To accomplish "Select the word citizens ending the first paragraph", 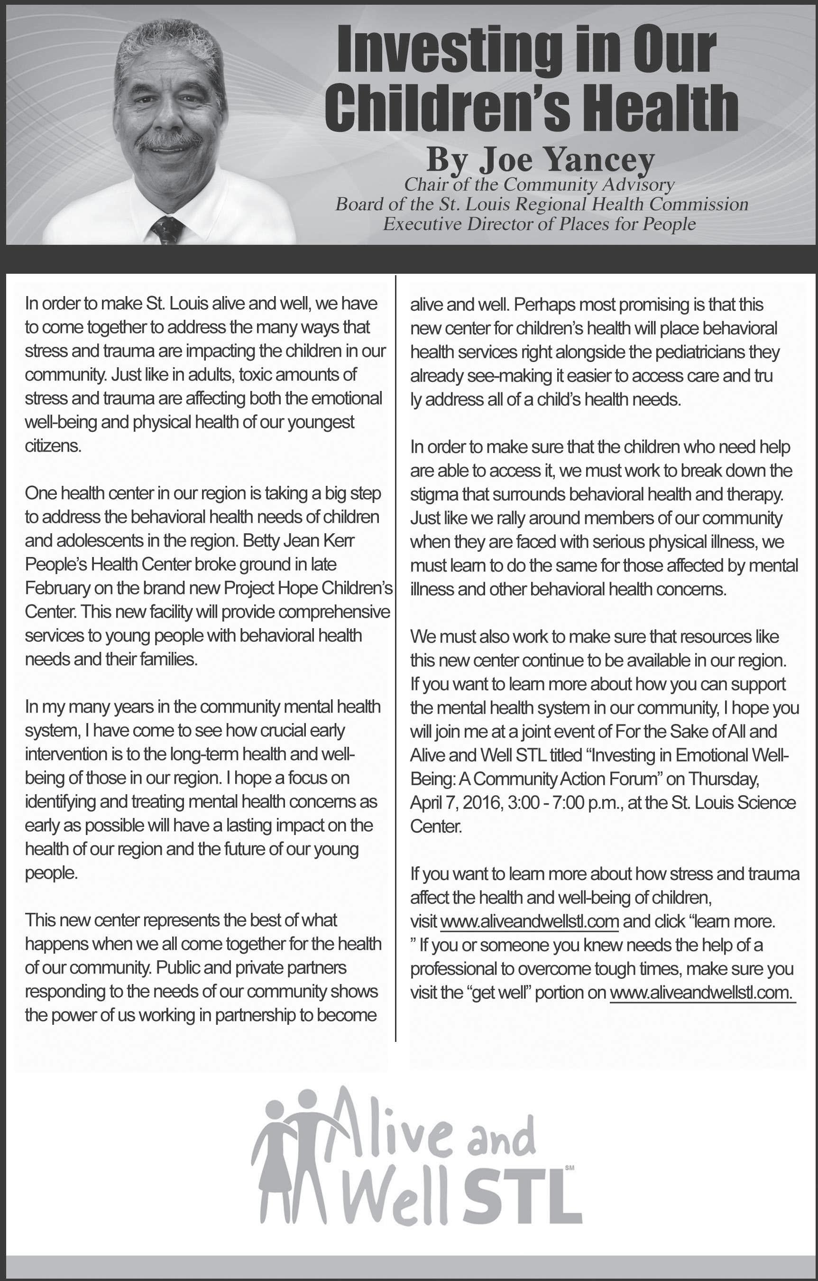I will tap(53, 446).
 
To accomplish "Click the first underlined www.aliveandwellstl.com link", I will tap(529, 921).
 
